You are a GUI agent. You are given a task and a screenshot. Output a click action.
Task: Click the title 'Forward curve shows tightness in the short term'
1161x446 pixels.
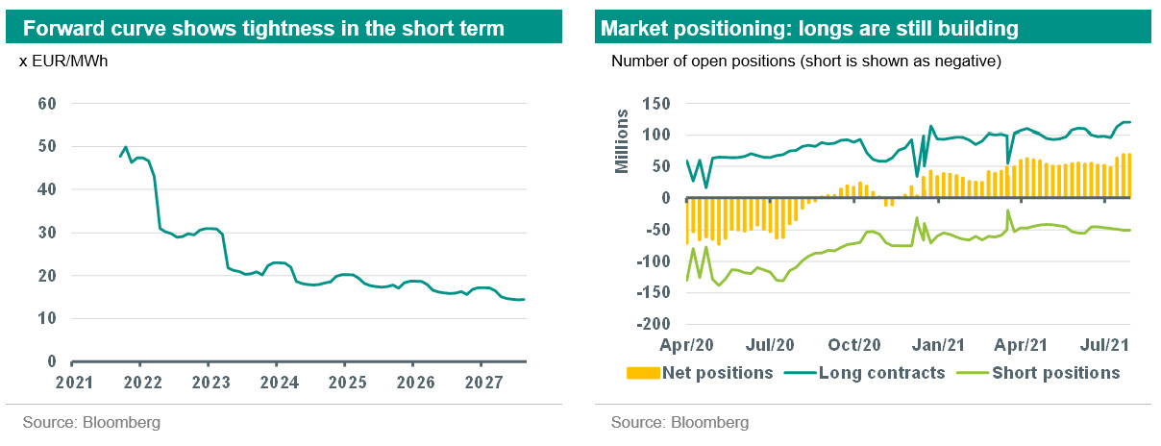pyautogui.click(x=263, y=29)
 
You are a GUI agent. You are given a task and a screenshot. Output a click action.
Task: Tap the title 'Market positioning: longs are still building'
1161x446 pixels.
pyautogui.click(x=808, y=29)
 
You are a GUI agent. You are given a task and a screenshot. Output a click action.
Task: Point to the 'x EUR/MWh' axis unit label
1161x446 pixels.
pyautogui.click(x=59, y=62)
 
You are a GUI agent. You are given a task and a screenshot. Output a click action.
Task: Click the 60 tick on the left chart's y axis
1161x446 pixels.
pyautogui.click(x=46, y=104)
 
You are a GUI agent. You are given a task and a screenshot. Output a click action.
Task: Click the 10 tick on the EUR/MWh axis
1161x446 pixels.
pyautogui.click(x=46, y=318)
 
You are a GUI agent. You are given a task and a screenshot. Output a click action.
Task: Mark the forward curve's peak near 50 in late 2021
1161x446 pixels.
pyautogui.click(x=127, y=148)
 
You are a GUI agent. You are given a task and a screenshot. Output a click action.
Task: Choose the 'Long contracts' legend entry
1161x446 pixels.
pyautogui.click(x=871, y=373)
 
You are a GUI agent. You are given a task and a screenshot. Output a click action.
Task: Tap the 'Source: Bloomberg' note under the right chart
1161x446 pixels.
pyautogui.click(x=679, y=423)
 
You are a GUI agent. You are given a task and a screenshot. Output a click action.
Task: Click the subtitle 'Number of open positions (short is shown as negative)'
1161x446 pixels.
pyautogui.click(x=805, y=62)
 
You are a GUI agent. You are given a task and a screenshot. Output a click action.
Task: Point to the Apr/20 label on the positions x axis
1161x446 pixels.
pyautogui.click(x=685, y=342)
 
